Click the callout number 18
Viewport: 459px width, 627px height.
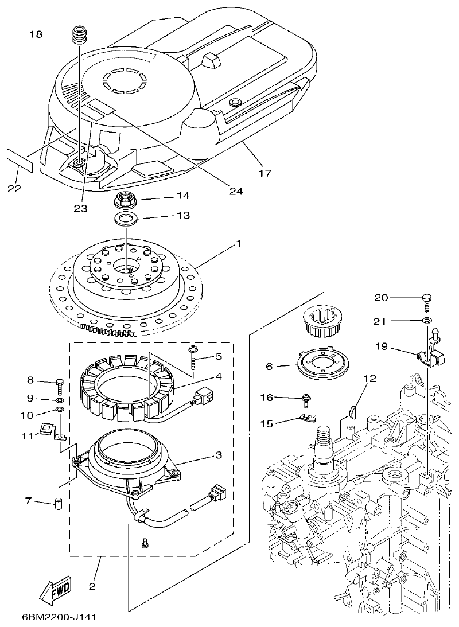point(36,34)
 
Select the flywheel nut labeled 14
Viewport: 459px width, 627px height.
point(125,200)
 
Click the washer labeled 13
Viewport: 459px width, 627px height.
point(126,219)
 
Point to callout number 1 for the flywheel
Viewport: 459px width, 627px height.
point(239,243)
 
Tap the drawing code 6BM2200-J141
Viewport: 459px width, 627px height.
point(58,617)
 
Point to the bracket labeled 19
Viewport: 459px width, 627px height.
point(429,355)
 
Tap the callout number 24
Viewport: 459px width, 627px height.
point(235,191)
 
